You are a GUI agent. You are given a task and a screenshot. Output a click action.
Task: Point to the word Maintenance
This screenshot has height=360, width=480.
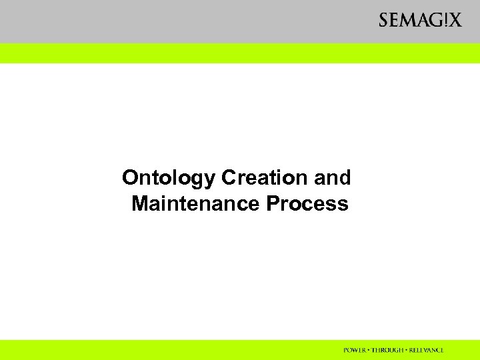[197, 203]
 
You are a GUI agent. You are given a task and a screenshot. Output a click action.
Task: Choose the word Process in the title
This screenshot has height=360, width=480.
[307, 203]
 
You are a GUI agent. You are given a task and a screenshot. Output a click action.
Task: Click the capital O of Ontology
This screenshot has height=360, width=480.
[131, 179]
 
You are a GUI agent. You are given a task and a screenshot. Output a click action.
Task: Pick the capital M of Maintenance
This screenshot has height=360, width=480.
[140, 203]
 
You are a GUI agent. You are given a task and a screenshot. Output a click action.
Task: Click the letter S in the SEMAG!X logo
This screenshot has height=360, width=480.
[384, 21]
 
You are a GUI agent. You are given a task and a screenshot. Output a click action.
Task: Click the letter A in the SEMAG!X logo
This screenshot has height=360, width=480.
[419, 21]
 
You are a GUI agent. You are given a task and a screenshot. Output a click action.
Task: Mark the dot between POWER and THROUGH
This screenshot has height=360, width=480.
[369, 350]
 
